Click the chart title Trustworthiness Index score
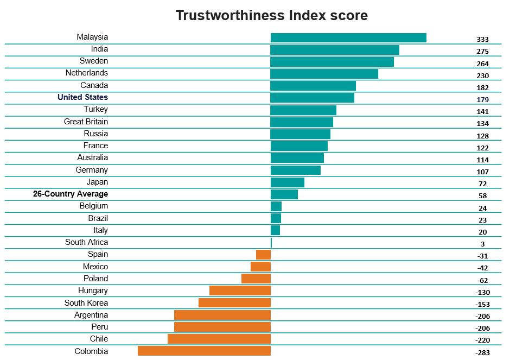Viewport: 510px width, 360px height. pyautogui.click(x=271, y=15)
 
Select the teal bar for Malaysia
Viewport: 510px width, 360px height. pyautogui.click(x=348, y=37)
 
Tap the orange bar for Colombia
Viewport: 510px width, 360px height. pyautogui.click(x=204, y=351)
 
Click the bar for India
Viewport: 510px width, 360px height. pyautogui.click(x=335, y=50)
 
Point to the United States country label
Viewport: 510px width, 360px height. pyautogui.click(x=83, y=97)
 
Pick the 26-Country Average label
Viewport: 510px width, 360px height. pyautogui.click(x=71, y=194)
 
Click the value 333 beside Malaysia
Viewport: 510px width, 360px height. pyautogui.click(x=482, y=40)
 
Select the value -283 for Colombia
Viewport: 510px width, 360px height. pyautogui.click(x=482, y=353)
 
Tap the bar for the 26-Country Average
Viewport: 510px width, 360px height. pyautogui.click(x=284, y=194)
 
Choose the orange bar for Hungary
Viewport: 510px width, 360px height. pyautogui.click(x=240, y=290)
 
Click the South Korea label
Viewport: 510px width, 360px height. pyautogui.click(x=86, y=303)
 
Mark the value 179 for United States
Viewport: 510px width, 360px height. pyautogui.click(x=482, y=100)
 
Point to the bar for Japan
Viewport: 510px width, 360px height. pyautogui.click(x=288, y=182)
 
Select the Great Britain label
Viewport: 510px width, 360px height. pyautogui.click(x=86, y=122)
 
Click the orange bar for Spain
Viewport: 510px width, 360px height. pyautogui.click(x=263, y=255)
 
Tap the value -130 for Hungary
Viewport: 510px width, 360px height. pyautogui.click(x=482, y=293)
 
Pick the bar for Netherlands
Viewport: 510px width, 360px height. pyautogui.click(x=324, y=74)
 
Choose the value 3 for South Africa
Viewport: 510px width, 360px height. pyautogui.click(x=482, y=244)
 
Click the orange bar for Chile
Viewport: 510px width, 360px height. pyautogui.click(x=219, y=339)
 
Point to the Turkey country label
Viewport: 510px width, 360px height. pyautogui.click(x=96, y=109)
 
